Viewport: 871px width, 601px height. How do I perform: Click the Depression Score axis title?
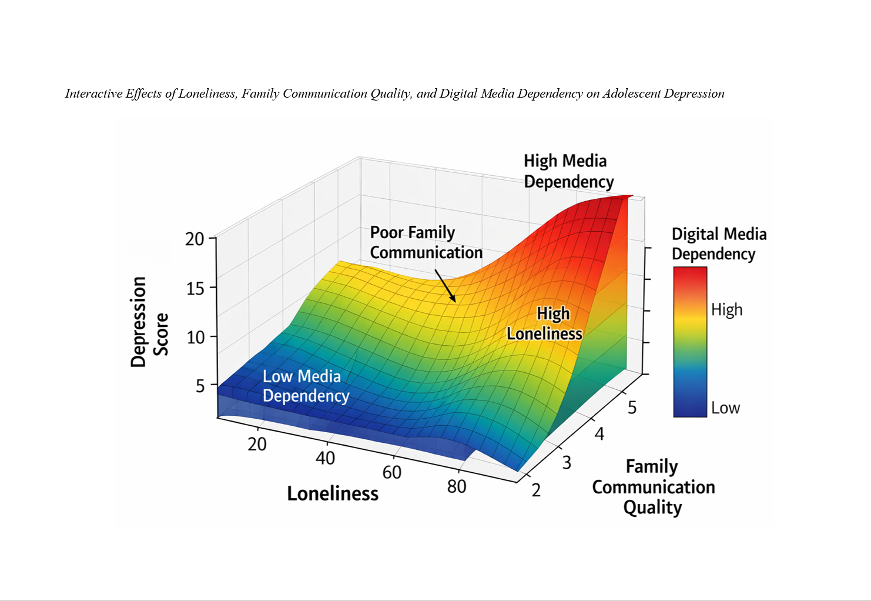tap(149, 322)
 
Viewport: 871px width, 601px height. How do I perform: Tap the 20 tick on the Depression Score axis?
tap(195, 239)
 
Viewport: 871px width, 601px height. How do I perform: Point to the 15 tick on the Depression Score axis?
tap(195, 288)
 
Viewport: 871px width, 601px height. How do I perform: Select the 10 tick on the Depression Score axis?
tap(195, 337)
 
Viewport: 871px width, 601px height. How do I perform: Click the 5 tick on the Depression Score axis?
tap(200, 386)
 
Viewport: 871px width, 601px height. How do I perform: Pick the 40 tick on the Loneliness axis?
tap(325, 458)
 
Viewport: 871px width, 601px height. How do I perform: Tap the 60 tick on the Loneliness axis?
tap(391, 472)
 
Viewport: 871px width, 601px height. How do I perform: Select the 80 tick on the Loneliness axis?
tap(457, 486)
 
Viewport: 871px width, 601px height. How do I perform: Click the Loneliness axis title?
tap(333, 493)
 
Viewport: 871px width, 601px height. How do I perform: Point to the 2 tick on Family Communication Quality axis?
tap(536, 490)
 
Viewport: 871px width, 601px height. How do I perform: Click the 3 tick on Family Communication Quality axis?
tap(567, 462)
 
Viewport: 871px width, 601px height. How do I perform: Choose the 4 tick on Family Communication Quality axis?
tap(599, 434)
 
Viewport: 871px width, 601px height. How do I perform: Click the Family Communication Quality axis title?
tap(653, 487)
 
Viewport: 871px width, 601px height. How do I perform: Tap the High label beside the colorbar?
tap(726, 310)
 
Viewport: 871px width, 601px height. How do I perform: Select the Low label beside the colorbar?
tap(725, 408)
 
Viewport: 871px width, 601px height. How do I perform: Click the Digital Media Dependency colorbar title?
tap(719, 244)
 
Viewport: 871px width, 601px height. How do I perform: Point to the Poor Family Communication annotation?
tap(426, 242)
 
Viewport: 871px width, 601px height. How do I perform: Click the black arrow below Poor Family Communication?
tap(445, 286)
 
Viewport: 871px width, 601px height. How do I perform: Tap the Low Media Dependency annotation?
tap(306, 386)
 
